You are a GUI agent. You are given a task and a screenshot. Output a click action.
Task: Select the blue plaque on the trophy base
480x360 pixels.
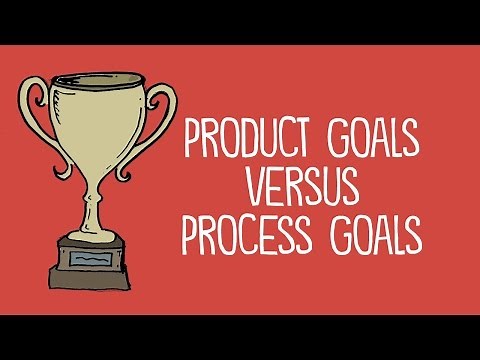point(97,257)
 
